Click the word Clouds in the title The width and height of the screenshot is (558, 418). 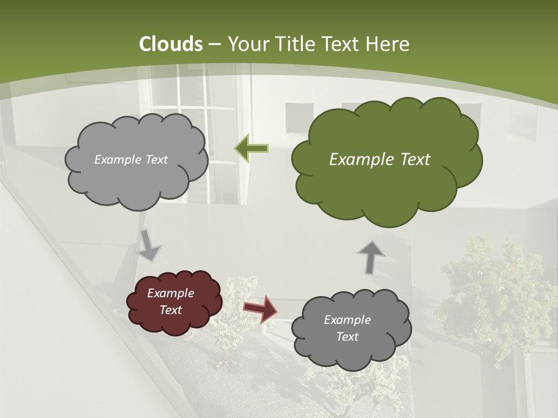(171, 44)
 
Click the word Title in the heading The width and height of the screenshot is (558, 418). (295, 44)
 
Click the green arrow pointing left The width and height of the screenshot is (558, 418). (251, 149)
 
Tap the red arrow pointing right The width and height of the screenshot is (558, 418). (260, 308)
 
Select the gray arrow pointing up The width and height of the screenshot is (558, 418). (370, 257)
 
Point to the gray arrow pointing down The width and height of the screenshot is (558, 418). (149, 244)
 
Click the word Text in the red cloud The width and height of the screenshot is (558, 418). (171, 310)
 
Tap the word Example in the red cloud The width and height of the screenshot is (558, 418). (171, 293)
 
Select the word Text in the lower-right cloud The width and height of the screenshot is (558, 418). (347, 337)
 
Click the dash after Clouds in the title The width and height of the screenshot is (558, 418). (214, 44)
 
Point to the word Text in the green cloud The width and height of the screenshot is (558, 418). (415, 160)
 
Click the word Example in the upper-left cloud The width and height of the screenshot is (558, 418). (117, 160)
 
